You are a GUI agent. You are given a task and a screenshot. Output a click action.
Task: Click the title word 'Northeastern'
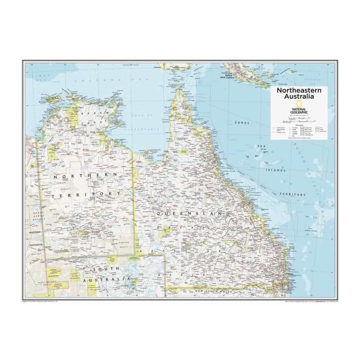coord(298,89)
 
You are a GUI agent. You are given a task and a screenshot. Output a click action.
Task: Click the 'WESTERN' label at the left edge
coord(34,231)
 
